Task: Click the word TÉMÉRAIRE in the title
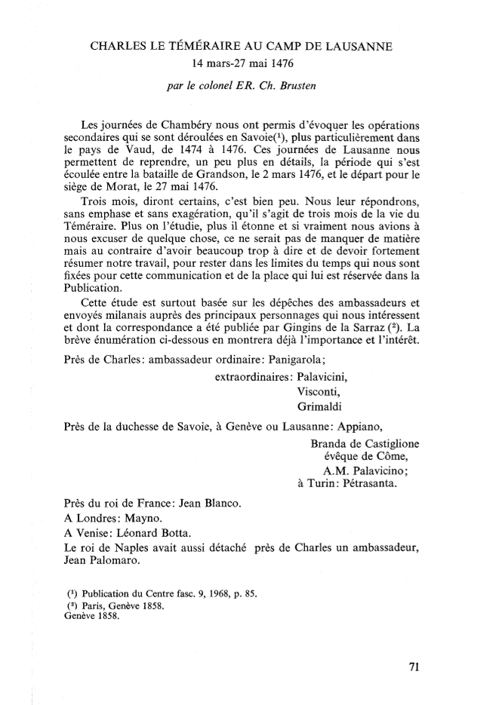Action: [205, 47]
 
